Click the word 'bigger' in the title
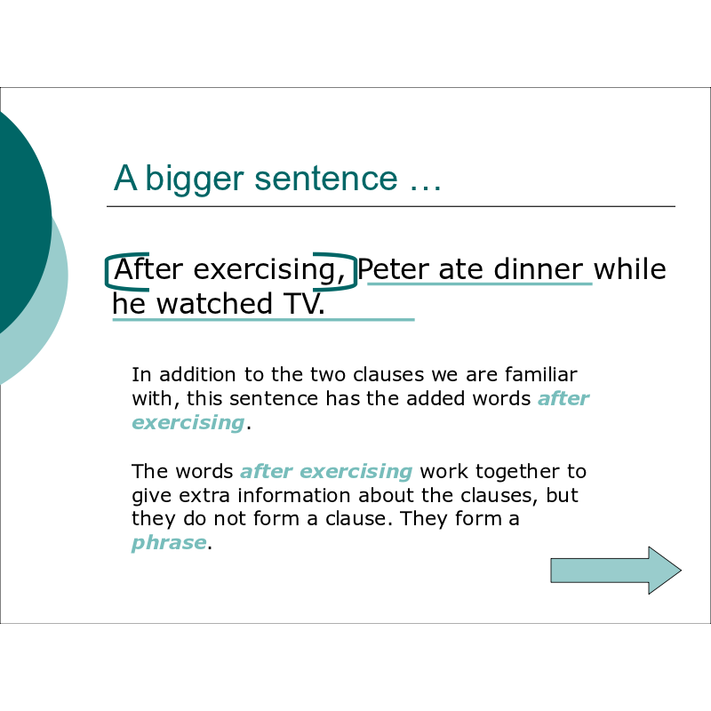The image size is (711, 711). coord(195,180)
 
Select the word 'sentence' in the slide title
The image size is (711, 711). coord(326,178)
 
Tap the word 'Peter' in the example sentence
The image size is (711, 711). coord(393,269)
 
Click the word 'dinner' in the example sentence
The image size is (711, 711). coord(539,269)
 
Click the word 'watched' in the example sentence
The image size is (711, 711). coord(214,303)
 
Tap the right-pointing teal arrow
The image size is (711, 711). coord(616,570)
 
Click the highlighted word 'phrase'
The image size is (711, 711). coord(169,542)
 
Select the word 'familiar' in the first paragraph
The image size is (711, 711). coord(541,374)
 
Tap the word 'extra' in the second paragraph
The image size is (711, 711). coord(204,496)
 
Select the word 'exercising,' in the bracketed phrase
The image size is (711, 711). coord(269,270)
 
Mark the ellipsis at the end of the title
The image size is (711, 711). coord(426,188)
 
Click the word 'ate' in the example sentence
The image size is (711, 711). coord(460,270)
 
